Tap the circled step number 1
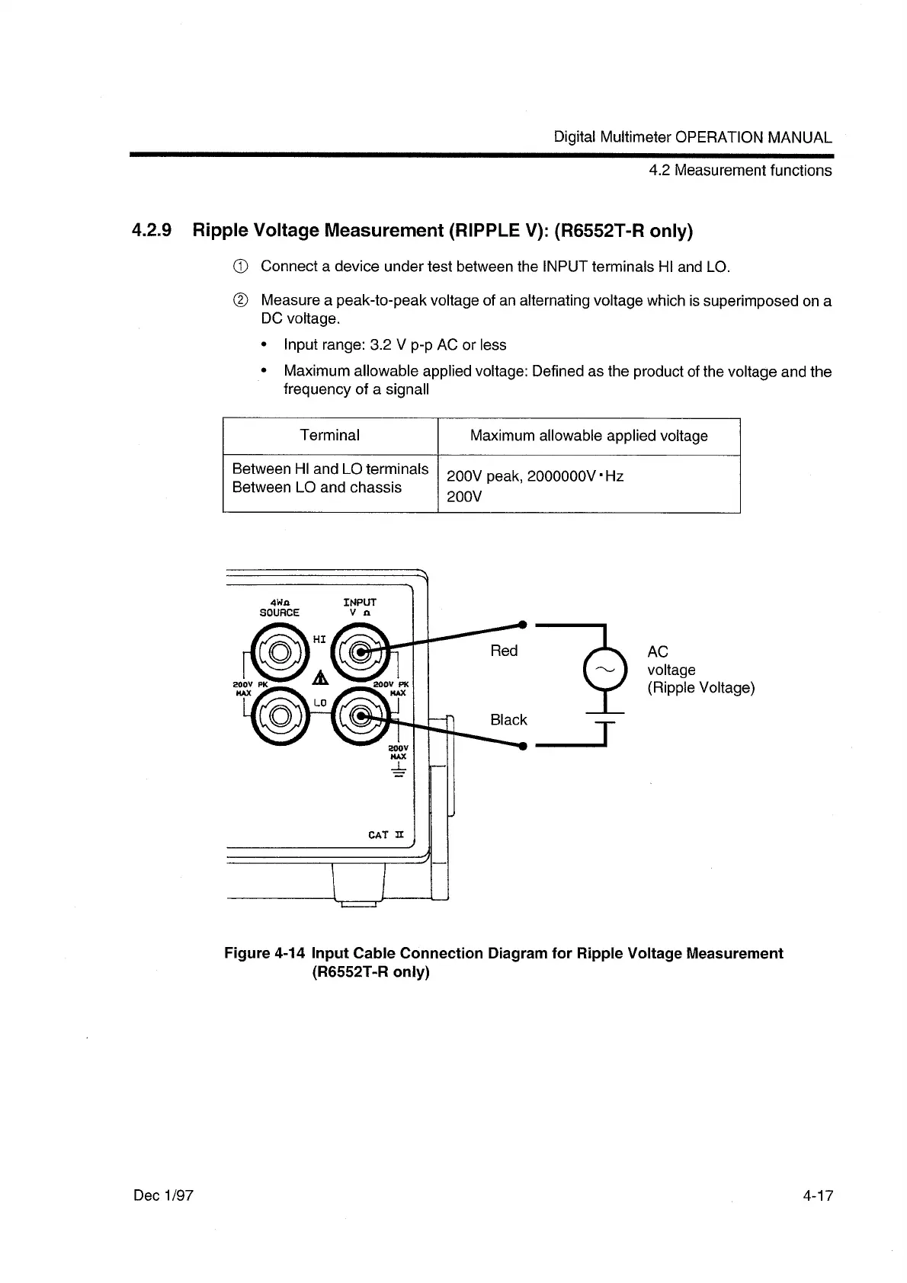pyautogui.click(x=239, y=267)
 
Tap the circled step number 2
pyautogui.click(x=239, y=301)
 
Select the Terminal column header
pyautogui.click(x=329, y=436)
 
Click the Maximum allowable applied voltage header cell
pyautogui.click(x=588, y=436)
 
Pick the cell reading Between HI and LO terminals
pyautogui.click(x=329, y=469)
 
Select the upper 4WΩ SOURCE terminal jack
pyautogui.click(x=279, y=651)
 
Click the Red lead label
pyautogui.click(x=504, y=651)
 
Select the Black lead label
pyautogui.click(x=508, y=720)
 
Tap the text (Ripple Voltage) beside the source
pyautogui.click(x=700, y=688)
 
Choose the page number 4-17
pyautogui.click(x=817, y=1195)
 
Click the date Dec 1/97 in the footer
pyautogui.click(x=164, y=1195)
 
